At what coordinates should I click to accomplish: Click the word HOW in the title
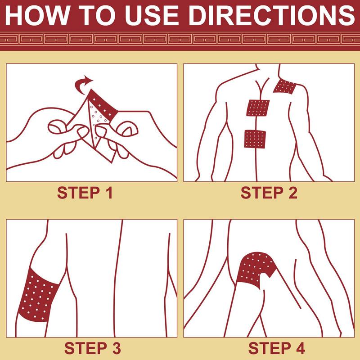pyautogui.click(x=37, y=15)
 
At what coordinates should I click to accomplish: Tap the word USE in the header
pyautogui.click(x=152, y=15)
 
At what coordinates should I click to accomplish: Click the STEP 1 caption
pyautogui.click(x=85, y=193)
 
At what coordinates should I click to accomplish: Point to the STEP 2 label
pyautogui.click(x=269, y=193)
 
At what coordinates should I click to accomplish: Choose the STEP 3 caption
pyautogui.click(x=93, y=348)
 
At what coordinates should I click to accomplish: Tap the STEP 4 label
pyautogui.click(x=277, y=348)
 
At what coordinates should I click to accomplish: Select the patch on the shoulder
pyautogui.click(x=285, y=86)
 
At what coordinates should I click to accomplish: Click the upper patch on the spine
pyautogui.click(x=258, y=108)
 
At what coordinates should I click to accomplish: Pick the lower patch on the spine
pyautogui.click(x=255, y=139)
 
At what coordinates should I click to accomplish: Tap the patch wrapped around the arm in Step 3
pyautogui.click(x=38, y=295)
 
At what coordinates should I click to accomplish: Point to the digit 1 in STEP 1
pyautogui.click(x=109, y=193)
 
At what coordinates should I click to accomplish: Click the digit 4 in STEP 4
pyautogui.click(x=300, y=348)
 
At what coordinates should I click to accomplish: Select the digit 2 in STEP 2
pyautogui.click(x=293, y=193)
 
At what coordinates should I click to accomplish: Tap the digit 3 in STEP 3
pyautogui.click(x=117, y=348)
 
